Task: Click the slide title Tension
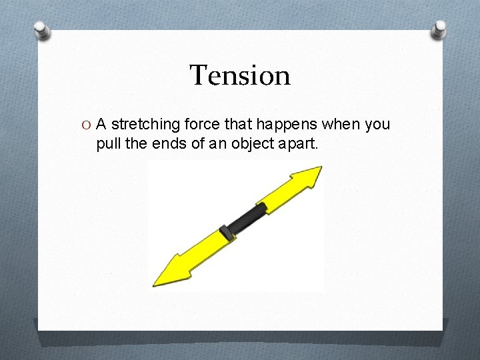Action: click(240, 75)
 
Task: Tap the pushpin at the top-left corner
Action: click(43, 30)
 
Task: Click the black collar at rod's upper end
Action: click(262, 207)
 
